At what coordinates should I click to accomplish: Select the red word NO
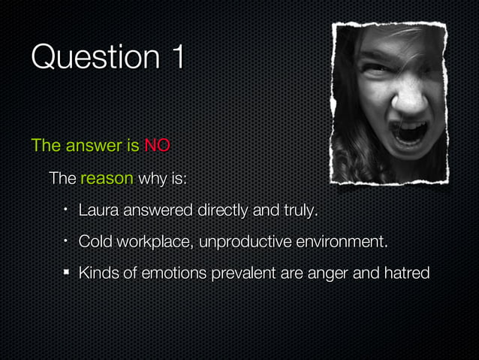(x=157, y=145)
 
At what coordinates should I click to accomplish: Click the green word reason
(x=107, y=180)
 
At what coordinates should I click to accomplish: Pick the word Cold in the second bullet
(x=95, y=242)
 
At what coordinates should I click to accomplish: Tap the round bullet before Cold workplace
(x=66, y=241)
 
